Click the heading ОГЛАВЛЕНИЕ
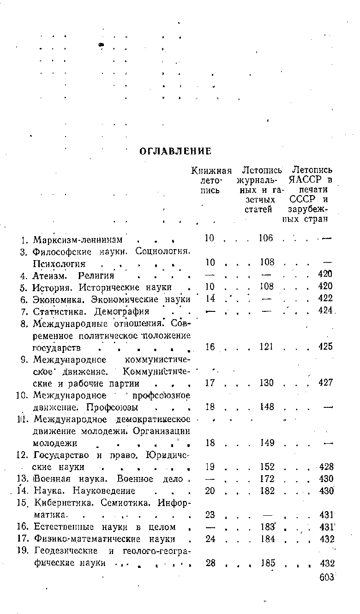[175, 151]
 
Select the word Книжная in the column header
[211, 170]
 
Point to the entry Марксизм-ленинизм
[78, 240]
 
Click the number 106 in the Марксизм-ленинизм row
[266, 238]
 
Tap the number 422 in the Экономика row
[326, 298]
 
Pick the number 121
[266, 346]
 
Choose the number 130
[266, 382]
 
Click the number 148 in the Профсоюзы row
[266, 406]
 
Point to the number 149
[266, 442]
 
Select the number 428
[326, 467]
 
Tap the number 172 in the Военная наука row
[266, 479]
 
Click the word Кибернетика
[59, 502]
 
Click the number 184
[266, 539]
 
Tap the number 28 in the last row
[210, 563]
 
